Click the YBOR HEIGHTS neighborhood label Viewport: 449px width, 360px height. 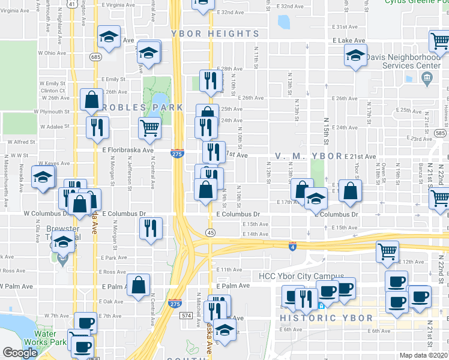[214, 34]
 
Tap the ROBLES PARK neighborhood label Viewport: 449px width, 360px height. [143, 107]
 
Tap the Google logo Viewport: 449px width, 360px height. [20, 353]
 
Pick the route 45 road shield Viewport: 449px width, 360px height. [210, 232]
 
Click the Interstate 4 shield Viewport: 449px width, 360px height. [292, 246]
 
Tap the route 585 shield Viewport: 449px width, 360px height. [440, 133]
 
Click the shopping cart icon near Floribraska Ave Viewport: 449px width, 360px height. [149, 127]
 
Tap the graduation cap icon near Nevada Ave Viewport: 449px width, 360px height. [43, 177]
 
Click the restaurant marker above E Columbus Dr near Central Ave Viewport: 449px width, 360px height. [150, 227]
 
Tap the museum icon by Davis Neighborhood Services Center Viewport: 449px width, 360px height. [427, 77]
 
